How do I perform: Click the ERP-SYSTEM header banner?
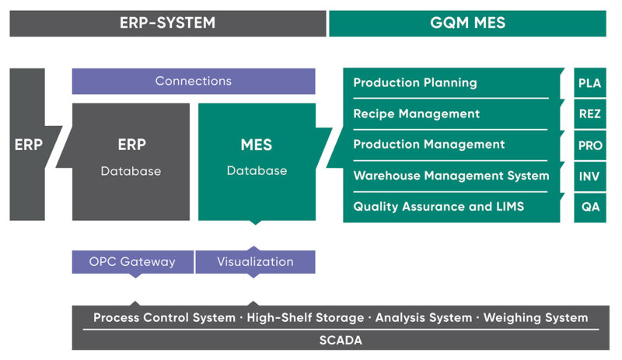click(x=167, y=23)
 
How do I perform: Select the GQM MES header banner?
click(x=467, y=23)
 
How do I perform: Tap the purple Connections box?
click(x=194, y=81)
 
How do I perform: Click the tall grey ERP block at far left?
click(x=28, y=145)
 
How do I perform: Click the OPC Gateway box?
click(x=132, y=262)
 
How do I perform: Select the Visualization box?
click(x=255, y=262)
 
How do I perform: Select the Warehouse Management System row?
click(x=451, y=176)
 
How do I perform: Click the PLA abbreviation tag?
click(x=589, y=82)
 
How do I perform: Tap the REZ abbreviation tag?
click(x=589, y=114)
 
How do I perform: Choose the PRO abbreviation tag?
click(x=589, y=145)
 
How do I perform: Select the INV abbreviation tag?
click(x=589, y=176)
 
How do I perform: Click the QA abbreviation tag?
click(x=589, y=207)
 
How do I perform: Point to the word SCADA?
click(x=341, y=341)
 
